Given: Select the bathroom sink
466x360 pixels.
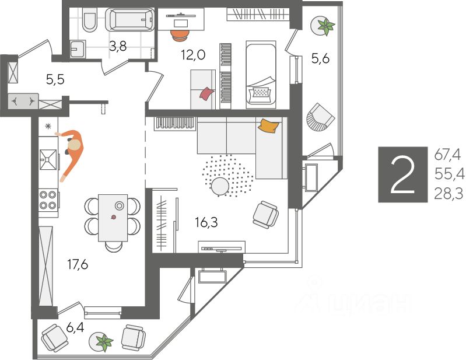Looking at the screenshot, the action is tap(78, 48).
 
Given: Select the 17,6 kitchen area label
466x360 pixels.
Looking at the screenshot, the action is tap(77, 265).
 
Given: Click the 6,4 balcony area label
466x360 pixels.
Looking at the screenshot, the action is tap(74, 327).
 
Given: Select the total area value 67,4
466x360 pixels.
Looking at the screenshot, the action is tap(447, 155).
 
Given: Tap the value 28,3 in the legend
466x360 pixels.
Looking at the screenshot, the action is tap(447, 194).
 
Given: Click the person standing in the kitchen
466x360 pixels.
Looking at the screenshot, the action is tap(72, 149).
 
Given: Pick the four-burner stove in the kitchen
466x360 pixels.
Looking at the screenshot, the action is tap(50, 200).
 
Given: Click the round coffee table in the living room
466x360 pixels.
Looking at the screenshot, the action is tap(220, 186).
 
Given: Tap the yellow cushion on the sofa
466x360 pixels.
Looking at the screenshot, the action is tap(268, 125).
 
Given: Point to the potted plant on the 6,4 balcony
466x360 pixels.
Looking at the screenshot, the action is tap(104, 342).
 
